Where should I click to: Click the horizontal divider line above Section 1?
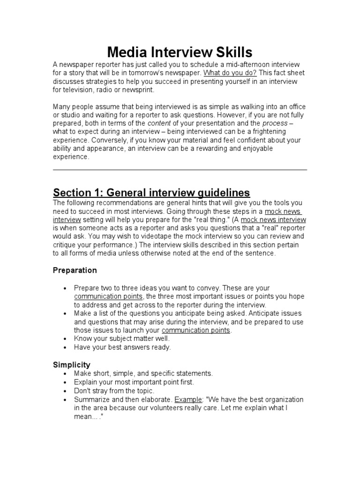click(x=180, y=170)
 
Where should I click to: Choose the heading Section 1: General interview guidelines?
click(x=151, y=193)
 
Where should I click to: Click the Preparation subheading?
click(x=75, y=270)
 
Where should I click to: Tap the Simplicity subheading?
click(x=72, y=364)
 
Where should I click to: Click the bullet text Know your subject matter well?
click(x=122, y=338)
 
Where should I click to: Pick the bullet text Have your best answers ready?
click(x=122, y=347)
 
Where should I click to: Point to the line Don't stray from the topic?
click(x=114, y=390)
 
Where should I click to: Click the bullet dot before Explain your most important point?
click(x=64, y=382)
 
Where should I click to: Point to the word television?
click(x=68, y=90)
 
